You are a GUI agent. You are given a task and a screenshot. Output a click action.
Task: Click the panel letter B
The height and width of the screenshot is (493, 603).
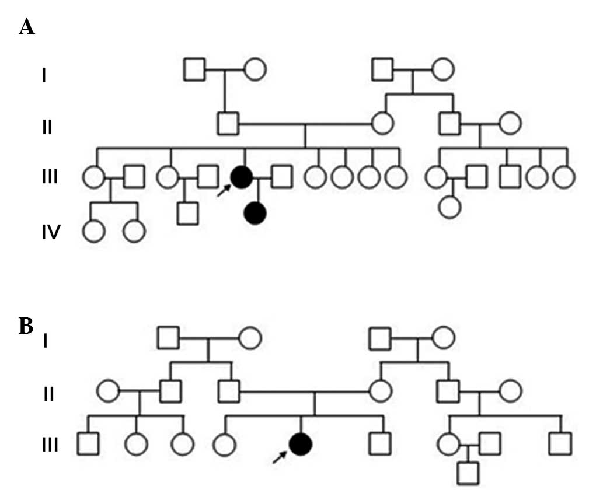pyautogui.click(x=26, y=326)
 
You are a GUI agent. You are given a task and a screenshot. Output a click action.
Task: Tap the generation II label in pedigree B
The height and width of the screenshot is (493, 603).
pyautogui.click(x=49, y=394)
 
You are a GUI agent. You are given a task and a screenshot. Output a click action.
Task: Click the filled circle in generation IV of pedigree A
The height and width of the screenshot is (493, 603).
pyautogui.click(x=255, y=214)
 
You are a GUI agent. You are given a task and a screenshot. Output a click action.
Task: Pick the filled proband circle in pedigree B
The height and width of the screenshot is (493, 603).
pyautogui.click(x=301, y=445)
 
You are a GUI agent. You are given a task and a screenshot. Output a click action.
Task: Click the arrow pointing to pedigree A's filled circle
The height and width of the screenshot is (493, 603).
pyautogui.click(x=224, y=189)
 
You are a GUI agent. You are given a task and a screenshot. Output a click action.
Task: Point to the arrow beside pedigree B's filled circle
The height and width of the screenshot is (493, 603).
pyautogui.click(x=281, y=457)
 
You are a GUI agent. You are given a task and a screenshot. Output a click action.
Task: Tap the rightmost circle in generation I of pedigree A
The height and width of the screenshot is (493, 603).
pyautogui.click(x=442, y=69)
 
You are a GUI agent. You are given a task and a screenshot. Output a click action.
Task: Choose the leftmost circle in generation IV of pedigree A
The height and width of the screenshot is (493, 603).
pyautogui.click(x=94, y=232)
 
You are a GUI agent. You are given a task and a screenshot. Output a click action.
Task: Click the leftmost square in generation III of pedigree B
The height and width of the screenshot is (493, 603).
pyautogui.click(x=88, y=445)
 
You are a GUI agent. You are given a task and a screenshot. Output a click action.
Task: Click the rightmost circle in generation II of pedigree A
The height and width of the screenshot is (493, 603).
pyautogui.click(x=509, y=123)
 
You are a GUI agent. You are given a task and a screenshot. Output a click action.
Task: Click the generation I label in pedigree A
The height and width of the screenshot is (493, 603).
pyautogui.click(x=44, y=76)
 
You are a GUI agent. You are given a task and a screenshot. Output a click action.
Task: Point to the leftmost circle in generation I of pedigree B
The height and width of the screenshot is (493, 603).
pyautogui.click(x=249, y=338)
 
